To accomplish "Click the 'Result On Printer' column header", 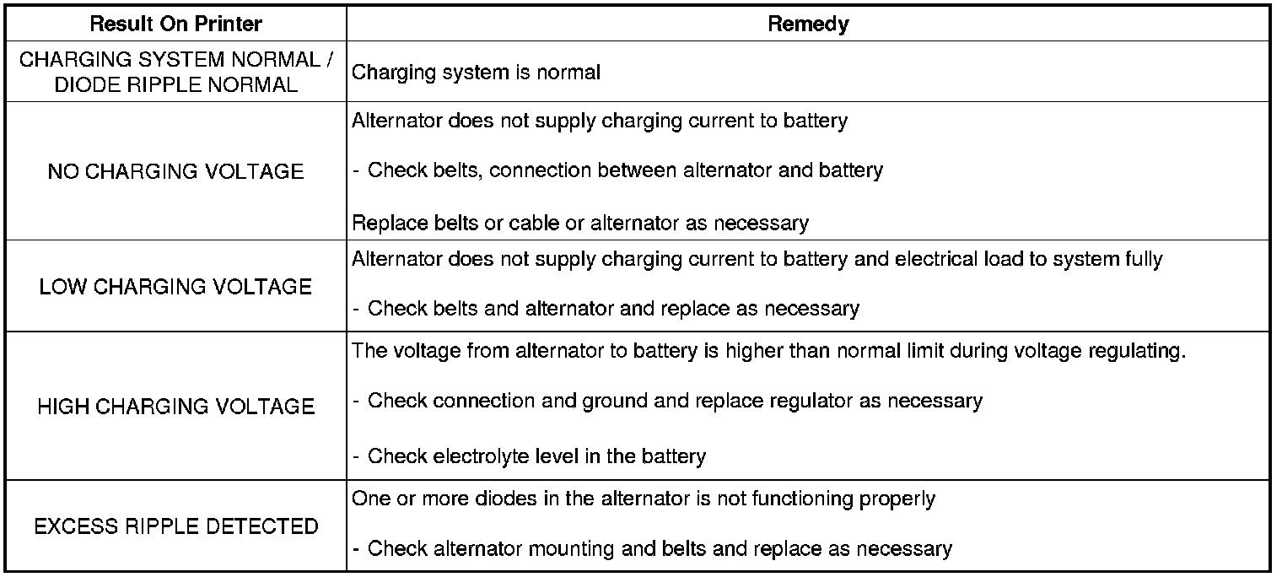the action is (175, 24).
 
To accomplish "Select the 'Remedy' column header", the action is (808, 24).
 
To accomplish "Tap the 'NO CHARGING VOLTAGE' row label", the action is (175, 171).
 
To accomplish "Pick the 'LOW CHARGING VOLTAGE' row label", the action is (175, 287).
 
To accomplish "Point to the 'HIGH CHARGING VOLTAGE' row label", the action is (175, 407).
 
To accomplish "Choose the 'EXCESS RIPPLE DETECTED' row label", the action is (175, 527).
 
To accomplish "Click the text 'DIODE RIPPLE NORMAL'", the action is (175, 85).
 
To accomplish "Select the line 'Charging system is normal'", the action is (476, 73).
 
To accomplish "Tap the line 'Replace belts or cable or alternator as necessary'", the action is (580, 224).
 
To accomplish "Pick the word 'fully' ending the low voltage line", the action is (1142, 259).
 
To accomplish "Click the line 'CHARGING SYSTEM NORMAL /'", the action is (175, 61).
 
